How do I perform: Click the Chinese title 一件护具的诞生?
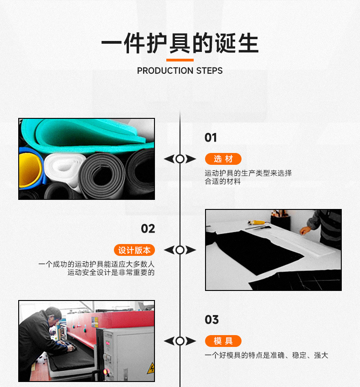coord(180,44)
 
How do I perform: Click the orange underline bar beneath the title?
coord(180,60)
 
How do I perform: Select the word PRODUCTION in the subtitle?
coord(165,71)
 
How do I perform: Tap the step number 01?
coord(211,137)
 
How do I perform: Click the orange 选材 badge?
coord(223,159)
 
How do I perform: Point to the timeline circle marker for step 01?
coord(180,159)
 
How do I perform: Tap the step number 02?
coord(148,229)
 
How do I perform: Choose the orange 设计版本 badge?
coord(134,250)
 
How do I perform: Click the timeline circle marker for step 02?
coord(180,250)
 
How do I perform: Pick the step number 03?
coord(211,320)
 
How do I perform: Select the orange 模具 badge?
coord(223,341)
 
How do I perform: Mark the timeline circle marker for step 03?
coord(180,341)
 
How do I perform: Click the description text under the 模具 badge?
coord(266,356)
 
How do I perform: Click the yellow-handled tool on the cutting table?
coord(256,223)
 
